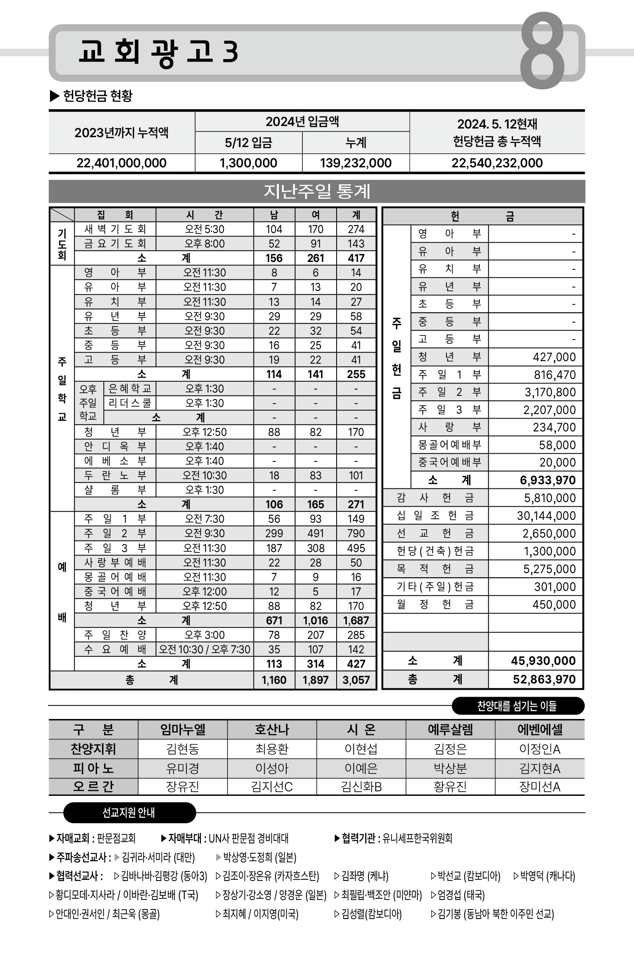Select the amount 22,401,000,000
point(121,163)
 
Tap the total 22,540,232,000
point(497,163)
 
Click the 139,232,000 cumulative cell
point(356,163)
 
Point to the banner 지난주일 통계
point(317,191)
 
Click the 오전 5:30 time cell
point(204,229)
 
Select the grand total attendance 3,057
point(356,680)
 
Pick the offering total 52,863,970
point(544,679)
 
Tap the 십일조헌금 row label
point(435,516)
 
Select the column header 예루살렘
point(450,729)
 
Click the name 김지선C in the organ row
point(272,786)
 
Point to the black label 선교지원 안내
point(129,813)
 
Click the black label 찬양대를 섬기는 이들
point(517,706)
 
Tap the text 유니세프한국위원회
point(417,838)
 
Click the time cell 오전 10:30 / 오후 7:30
point(204,649)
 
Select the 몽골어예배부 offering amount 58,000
point(557,445)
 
